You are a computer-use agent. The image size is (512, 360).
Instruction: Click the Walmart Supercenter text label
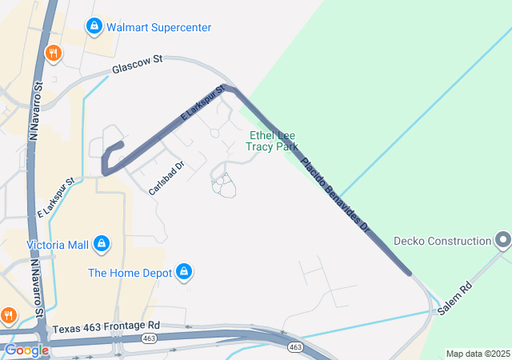coord(158,27)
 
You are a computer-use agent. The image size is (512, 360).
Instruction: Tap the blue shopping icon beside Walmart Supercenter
coord(94,27)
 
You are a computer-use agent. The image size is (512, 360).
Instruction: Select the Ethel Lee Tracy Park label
coord(274,141)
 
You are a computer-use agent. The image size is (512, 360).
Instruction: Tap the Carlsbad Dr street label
coord(166,178)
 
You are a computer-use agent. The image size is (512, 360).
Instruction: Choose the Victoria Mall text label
coord(57,244)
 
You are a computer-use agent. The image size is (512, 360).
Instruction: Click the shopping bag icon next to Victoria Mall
coord(102,243)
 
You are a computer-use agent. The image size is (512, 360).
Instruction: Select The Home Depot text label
coord(130,273)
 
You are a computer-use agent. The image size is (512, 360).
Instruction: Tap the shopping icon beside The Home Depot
coord(185,273)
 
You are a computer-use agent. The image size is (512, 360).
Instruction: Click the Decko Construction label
coord(442,241)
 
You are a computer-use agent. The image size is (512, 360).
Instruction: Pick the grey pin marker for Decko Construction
coord(502,240)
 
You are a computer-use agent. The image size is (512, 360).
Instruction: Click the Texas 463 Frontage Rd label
coord(106,326)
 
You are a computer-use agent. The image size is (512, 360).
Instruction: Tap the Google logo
coord(26,350)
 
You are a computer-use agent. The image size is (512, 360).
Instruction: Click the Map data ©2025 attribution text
coord(477,354)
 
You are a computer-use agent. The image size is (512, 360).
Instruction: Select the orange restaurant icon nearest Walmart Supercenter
coord(54,54)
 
